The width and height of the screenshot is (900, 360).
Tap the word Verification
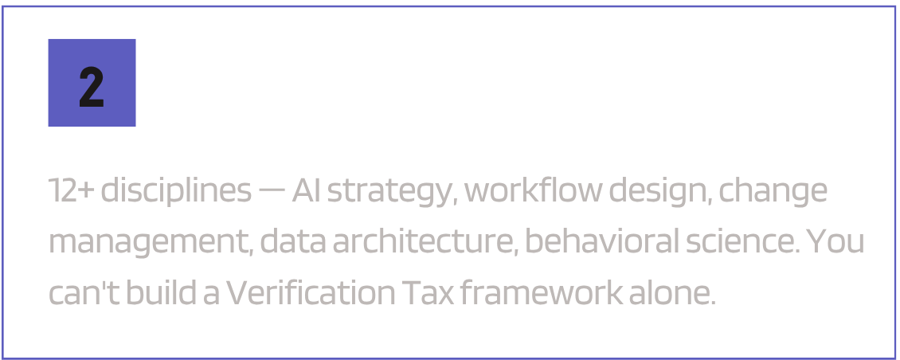[311, 294]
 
